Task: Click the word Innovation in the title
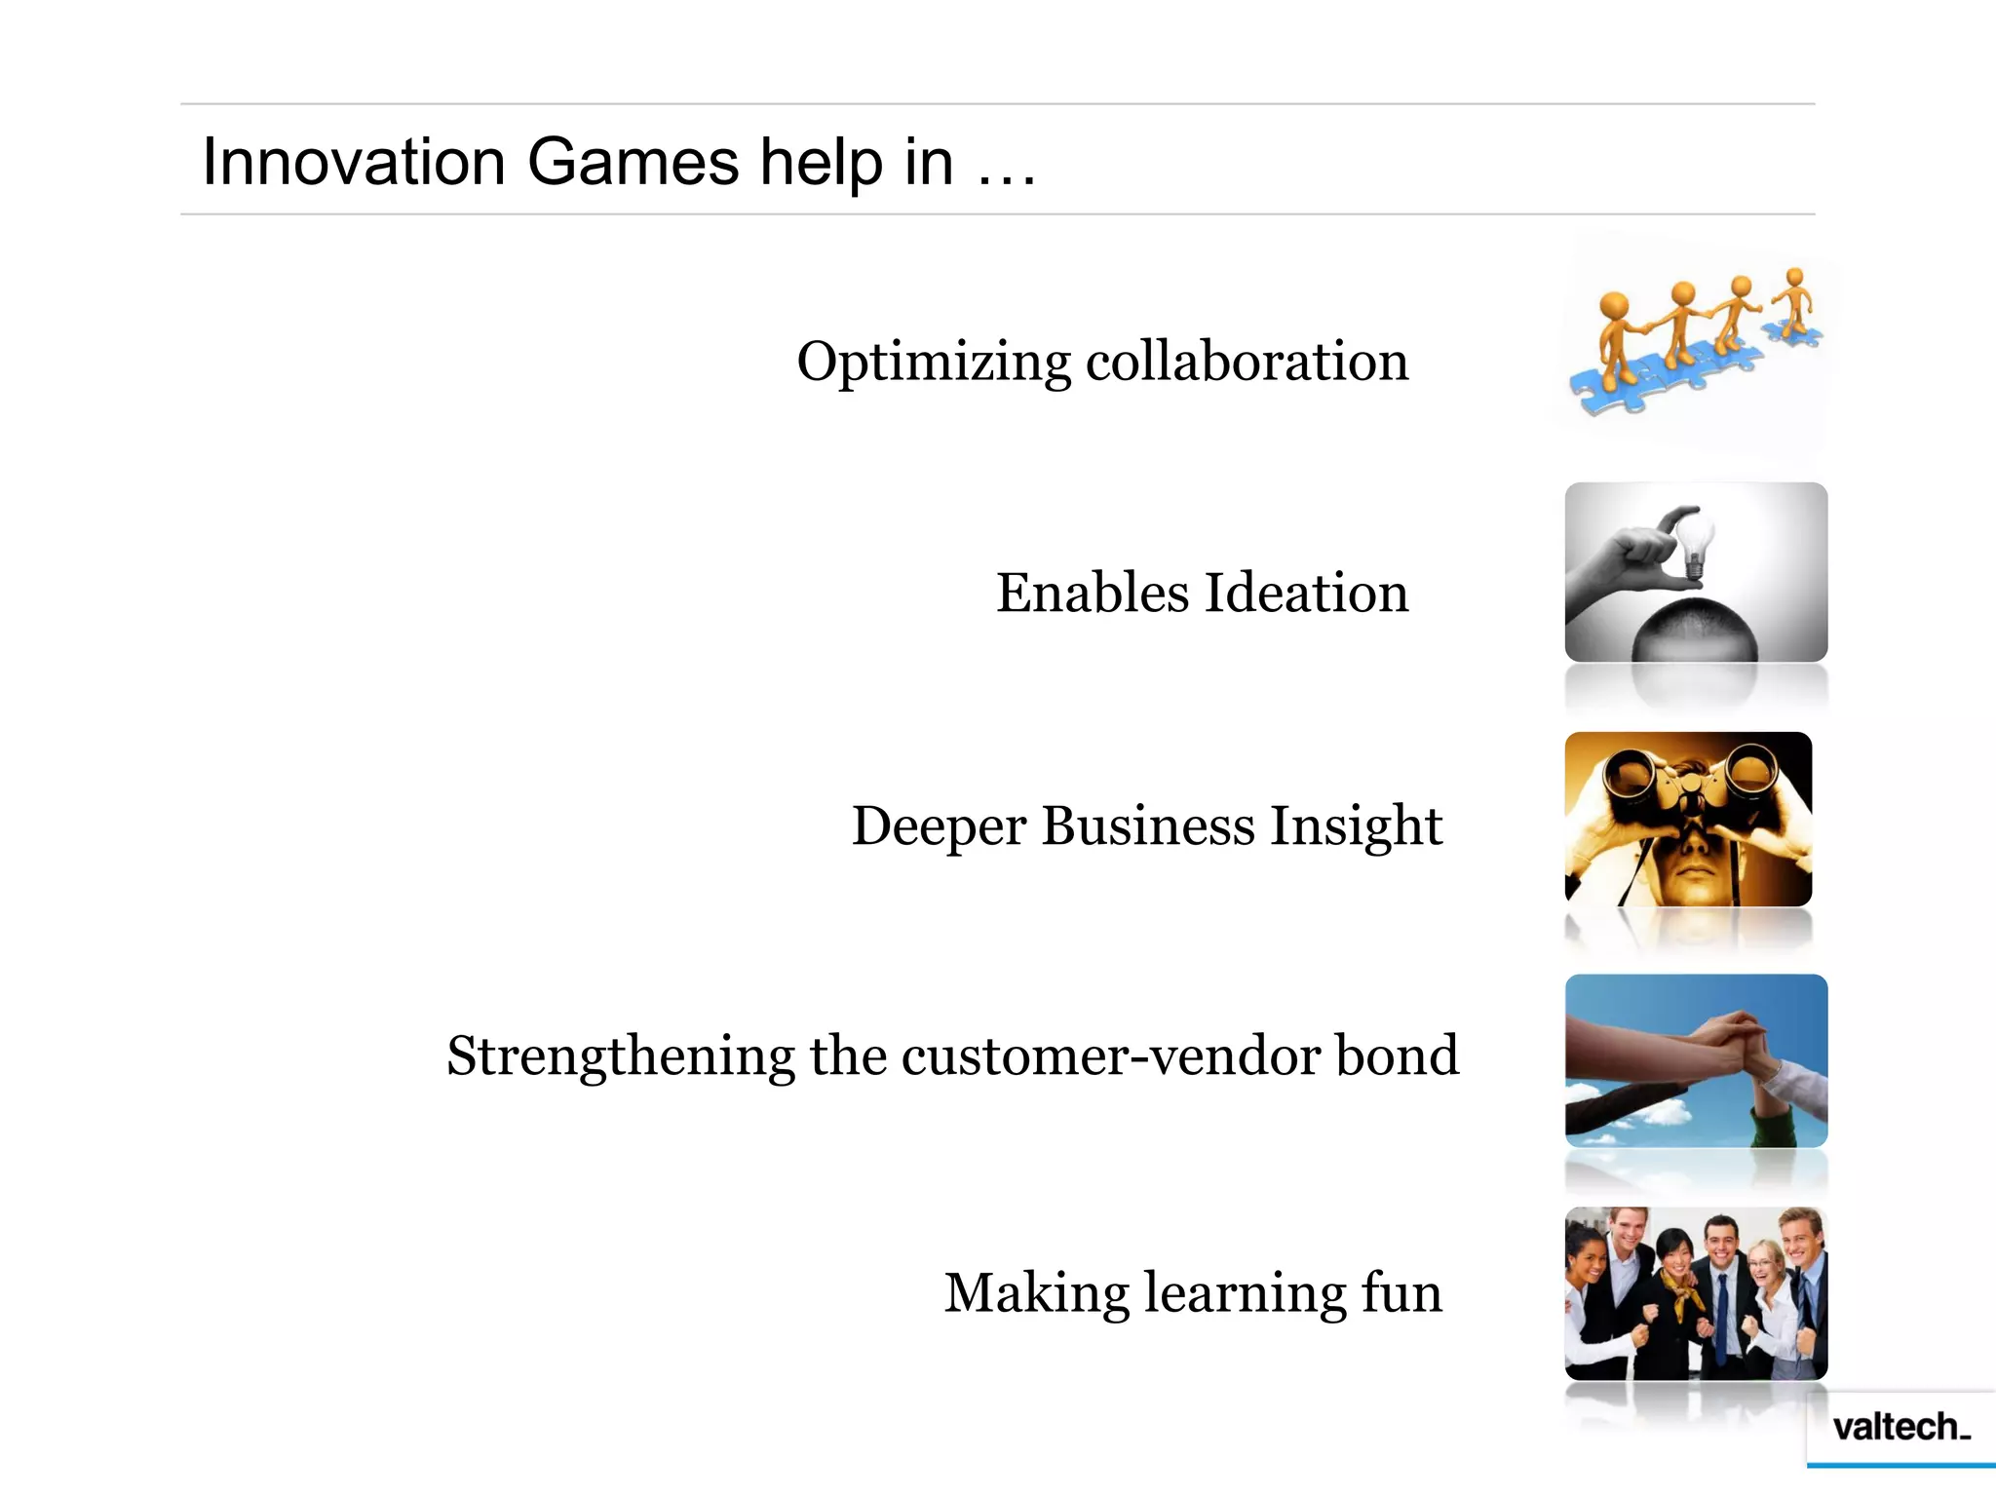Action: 353,162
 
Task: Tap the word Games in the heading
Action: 633,162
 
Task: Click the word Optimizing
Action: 933,363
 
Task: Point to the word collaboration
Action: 1247,361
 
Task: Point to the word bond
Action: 1397,1056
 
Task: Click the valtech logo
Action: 1900,1427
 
